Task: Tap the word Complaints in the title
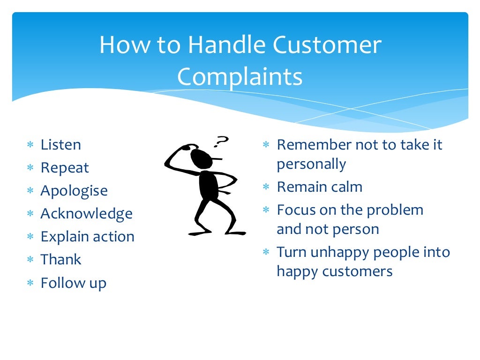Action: click(x=240, y=76)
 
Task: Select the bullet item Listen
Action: click(x=60, y=144)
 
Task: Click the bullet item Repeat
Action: click(x=65, y=168)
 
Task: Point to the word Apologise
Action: click(x=74, y=191)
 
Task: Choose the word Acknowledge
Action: click(x=86, y=214)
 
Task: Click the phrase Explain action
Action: click(x=87, y=237)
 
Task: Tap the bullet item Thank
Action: click(x=61, y=260)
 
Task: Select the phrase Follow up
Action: click(x=74, y=283)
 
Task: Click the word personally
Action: click(x=311, y=165)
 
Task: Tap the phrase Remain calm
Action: click(x=320, y=187)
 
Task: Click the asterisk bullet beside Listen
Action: click(x=30, y=145)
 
